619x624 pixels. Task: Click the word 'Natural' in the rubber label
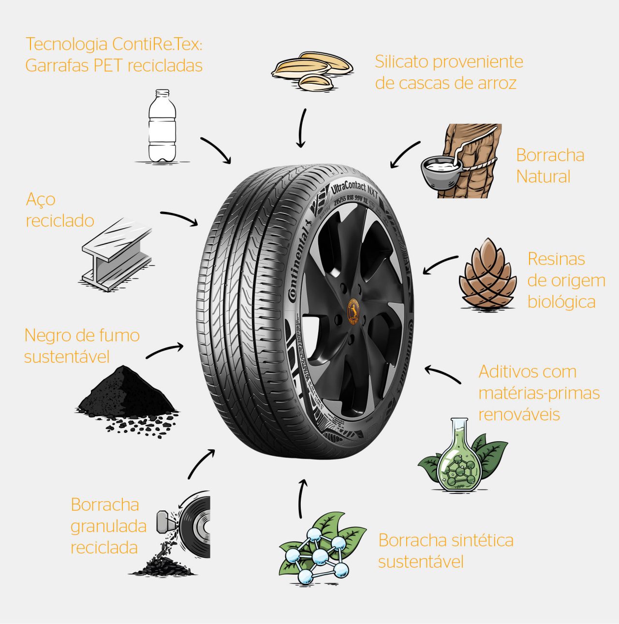pos(543,177)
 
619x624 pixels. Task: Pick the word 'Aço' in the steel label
pos(41,199)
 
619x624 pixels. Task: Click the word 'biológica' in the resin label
pos(561,302)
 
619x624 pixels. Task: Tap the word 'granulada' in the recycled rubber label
pos(108,526)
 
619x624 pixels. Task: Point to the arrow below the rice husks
pos(302,128)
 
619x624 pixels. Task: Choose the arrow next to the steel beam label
pos(179,217)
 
